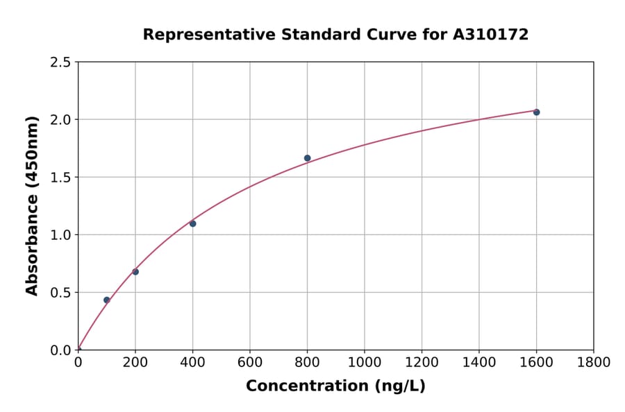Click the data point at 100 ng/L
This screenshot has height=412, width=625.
(x=106, y=300)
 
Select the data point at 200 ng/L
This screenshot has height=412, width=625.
(x=135, y=272)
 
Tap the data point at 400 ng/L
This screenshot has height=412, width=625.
(x=192, y=223)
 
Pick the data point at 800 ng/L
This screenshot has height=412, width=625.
(x=307, y=158)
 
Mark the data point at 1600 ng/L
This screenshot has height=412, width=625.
(x=536, y=112)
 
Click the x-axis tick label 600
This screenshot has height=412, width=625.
(x=249, y=362)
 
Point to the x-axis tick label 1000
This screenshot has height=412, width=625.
(x=364, y=362)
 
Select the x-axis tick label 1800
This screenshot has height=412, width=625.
(x=593, y=362)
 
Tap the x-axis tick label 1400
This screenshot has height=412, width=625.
(x=478, y=362)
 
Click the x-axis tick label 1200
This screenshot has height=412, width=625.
(x=422, y=362)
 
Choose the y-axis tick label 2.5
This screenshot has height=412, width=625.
(x=60, y=62)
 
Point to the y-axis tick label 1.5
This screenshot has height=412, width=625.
(x=60, y=178)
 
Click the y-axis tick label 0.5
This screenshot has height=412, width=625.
(x=60, y=293)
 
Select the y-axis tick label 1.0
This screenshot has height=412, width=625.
(x=60, y=235)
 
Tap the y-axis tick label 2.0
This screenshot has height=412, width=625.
(x=60, y=120)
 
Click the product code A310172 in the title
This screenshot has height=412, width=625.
(x=491, y=35)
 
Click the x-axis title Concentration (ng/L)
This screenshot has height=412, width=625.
(x=335, y=386)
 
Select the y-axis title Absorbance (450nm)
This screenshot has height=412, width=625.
(x=32, y=205)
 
